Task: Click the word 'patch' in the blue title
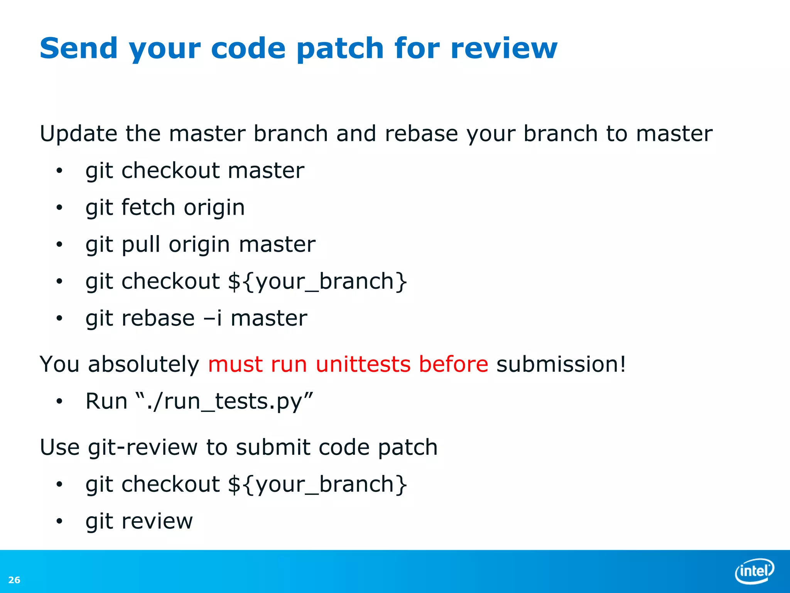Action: tap(340, 49)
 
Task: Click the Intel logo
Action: tap(755, 571)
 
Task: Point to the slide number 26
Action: tap(14, 580)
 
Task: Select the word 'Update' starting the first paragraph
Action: tap(78, 134)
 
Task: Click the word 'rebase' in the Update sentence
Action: tap(421, 134)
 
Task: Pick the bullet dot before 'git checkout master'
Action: tap(59, 171)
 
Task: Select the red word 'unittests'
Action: tap(363, 364)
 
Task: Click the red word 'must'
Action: tap(235, 364)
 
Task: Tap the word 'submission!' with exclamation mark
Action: tap(561, 364)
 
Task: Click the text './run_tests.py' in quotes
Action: tap(225, 402)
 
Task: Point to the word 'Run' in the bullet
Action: tap(106, 401)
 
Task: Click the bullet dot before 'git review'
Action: tap(59, 522)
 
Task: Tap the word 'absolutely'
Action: tap(143, 364)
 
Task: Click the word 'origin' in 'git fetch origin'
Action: tap(214, 208)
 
